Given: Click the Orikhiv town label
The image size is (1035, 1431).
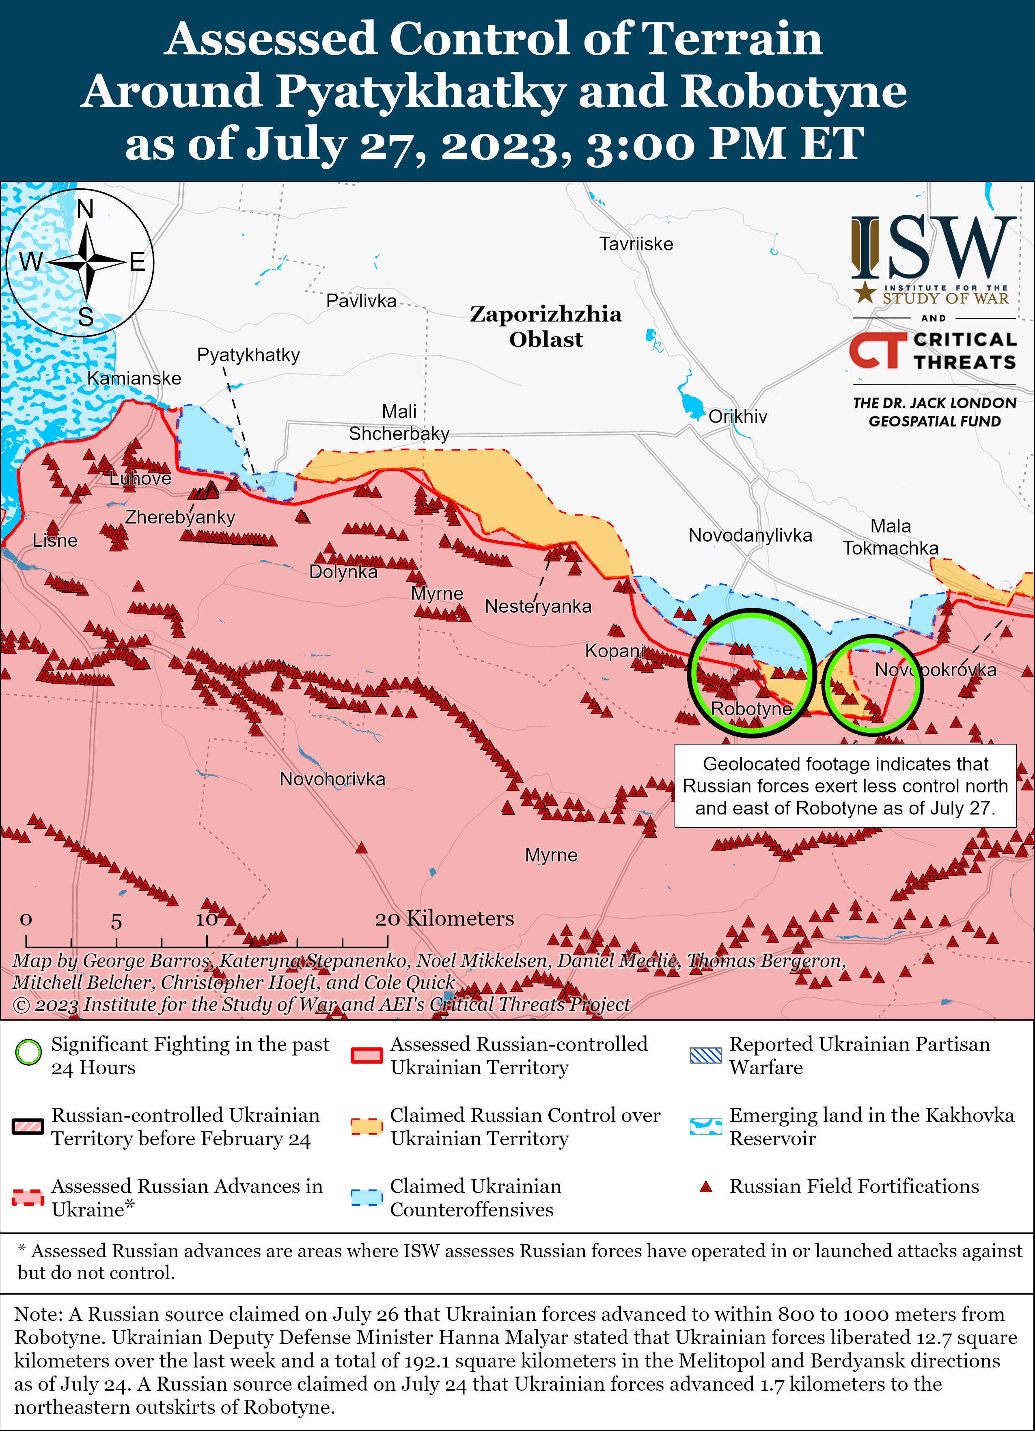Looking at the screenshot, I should pyautogui.click(x=737, y=417).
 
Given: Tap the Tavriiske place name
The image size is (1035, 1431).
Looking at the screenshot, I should pyautogui.click(x=636, y=244).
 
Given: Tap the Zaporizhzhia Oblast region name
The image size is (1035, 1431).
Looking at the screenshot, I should pyautogui.click(x=546, y=326).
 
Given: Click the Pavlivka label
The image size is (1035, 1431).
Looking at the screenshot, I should pyautogui.click(x=361, y=301).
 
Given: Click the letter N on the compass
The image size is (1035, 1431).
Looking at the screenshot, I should pyautogui.click(x=85, y=209).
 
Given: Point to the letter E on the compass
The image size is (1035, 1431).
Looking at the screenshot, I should pyautogui.click(x=138, y=262).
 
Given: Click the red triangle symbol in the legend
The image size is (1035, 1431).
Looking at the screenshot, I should pyautogui.click(x=706, y=1187).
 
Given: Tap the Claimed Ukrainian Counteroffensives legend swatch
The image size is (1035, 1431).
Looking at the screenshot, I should pyautogui.click(x=367, y=1197).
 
